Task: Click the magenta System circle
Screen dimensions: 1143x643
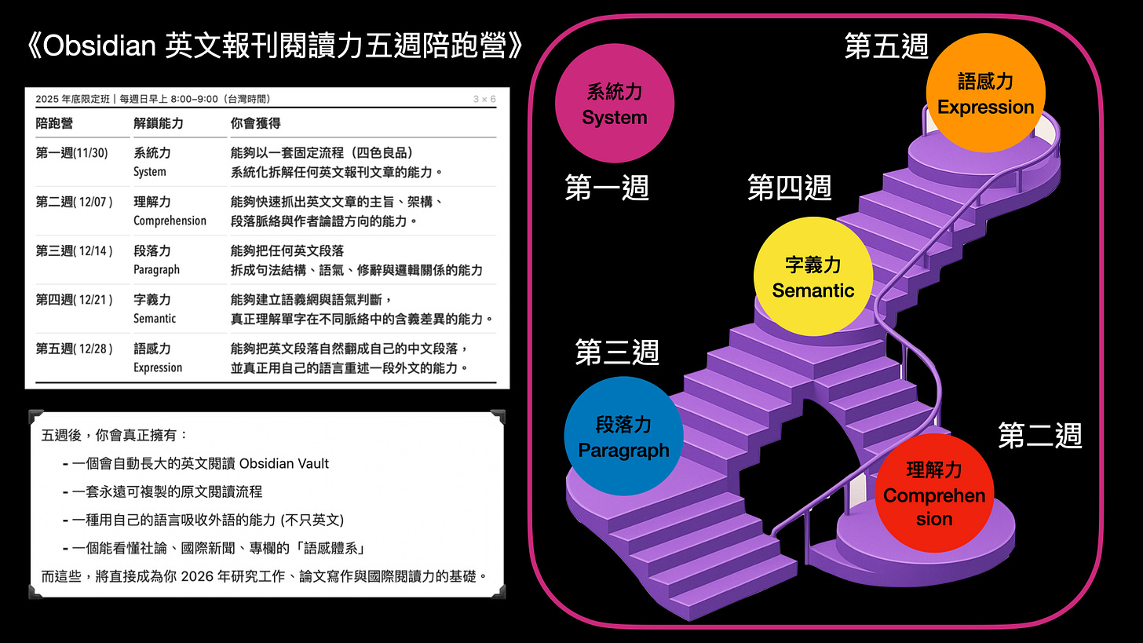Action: tap(615, 103)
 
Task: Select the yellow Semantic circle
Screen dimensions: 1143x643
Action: tap(813, 276)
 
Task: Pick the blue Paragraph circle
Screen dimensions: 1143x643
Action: tap(623, 437)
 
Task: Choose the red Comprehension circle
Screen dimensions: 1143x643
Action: tap(933, 493)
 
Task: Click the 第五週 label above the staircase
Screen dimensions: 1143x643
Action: tap(886, 46)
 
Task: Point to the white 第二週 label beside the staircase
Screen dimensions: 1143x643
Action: tap(1039, 435)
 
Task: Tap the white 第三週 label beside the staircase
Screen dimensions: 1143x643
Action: tap(616, 352)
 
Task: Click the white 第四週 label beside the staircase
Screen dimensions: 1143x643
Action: tap(789, 188)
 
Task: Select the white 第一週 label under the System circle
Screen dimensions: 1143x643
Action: tap(607, 188)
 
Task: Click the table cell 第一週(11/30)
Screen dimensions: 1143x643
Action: tap(72, 152)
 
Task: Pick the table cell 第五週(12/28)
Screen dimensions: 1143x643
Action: tap(74, 348)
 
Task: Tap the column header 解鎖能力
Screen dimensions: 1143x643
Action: tap(159, 123)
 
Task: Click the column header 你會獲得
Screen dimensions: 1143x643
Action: tap(255, 123)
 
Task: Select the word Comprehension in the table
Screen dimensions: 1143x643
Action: tap(170, 221)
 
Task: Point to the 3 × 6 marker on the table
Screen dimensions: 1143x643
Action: tap(484, 99)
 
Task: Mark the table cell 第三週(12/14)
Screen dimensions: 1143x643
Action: tap(74, 250)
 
